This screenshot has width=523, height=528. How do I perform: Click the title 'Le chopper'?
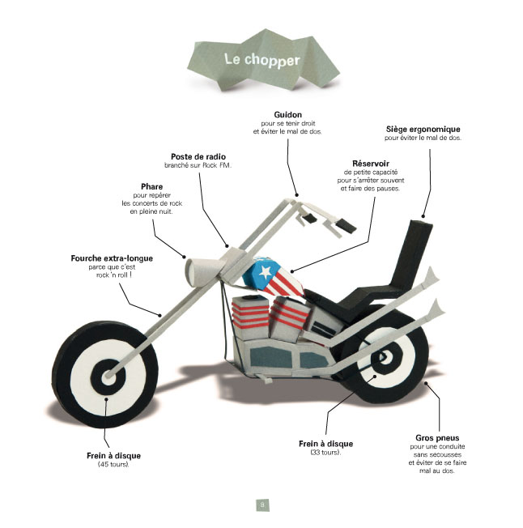pos(261,60)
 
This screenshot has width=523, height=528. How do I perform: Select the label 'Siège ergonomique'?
pos(422,129)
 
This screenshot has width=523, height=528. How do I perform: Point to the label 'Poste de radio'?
pos(198,155)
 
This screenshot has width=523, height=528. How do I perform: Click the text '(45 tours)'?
pos(113,464)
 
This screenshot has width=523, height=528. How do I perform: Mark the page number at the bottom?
pos(261,504)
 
